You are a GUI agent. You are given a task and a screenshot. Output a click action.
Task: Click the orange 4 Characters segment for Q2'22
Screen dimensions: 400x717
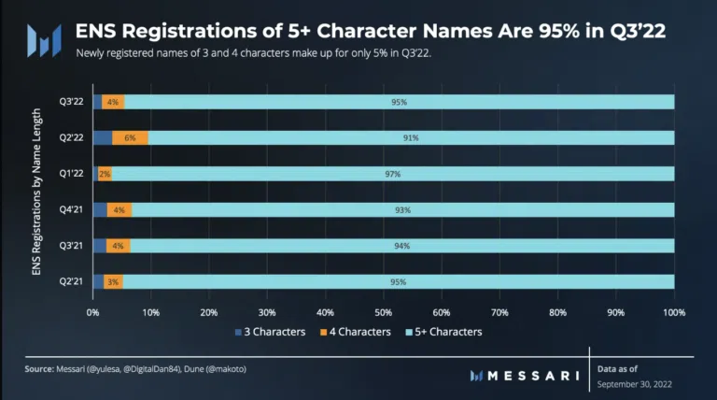click(x=130, y=137)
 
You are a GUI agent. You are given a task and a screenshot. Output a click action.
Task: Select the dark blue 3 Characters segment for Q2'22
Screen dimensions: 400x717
click(x=103, y=137)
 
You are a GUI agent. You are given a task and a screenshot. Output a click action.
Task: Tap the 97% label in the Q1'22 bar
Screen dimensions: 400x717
click(x=392, y=174)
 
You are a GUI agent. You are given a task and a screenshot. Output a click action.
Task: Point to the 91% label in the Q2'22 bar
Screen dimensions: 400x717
click(x=411, y=137)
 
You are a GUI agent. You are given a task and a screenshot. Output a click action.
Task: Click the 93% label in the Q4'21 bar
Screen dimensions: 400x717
click(x=402, y=210)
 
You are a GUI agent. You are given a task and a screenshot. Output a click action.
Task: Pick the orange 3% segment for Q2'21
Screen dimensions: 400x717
click(x=113, y=281)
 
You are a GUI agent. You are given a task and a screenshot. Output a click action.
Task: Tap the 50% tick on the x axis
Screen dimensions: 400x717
click(x=383, y=311)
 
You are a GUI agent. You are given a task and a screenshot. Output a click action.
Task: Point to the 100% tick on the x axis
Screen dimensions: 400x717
click(x=673, y=311)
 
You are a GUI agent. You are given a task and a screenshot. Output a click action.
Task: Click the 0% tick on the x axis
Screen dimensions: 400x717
click(x=92, y=311)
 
